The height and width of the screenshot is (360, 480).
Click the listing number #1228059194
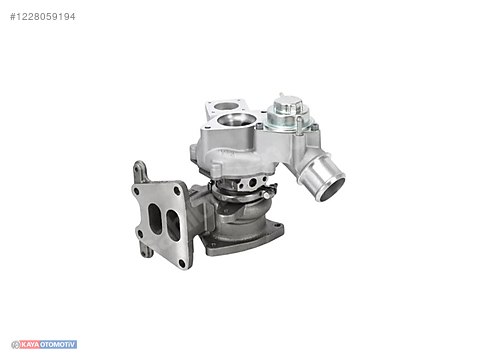(42, 16)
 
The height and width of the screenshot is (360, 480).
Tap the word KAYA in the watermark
(29, 344)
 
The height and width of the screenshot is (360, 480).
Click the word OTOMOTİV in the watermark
(56, 344)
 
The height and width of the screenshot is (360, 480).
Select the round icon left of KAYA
(13, 344)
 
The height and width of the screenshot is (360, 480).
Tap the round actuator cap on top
(286, 106)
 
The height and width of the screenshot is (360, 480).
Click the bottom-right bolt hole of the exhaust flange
(184, 261)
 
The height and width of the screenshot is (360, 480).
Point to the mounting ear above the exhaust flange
(141, 171)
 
